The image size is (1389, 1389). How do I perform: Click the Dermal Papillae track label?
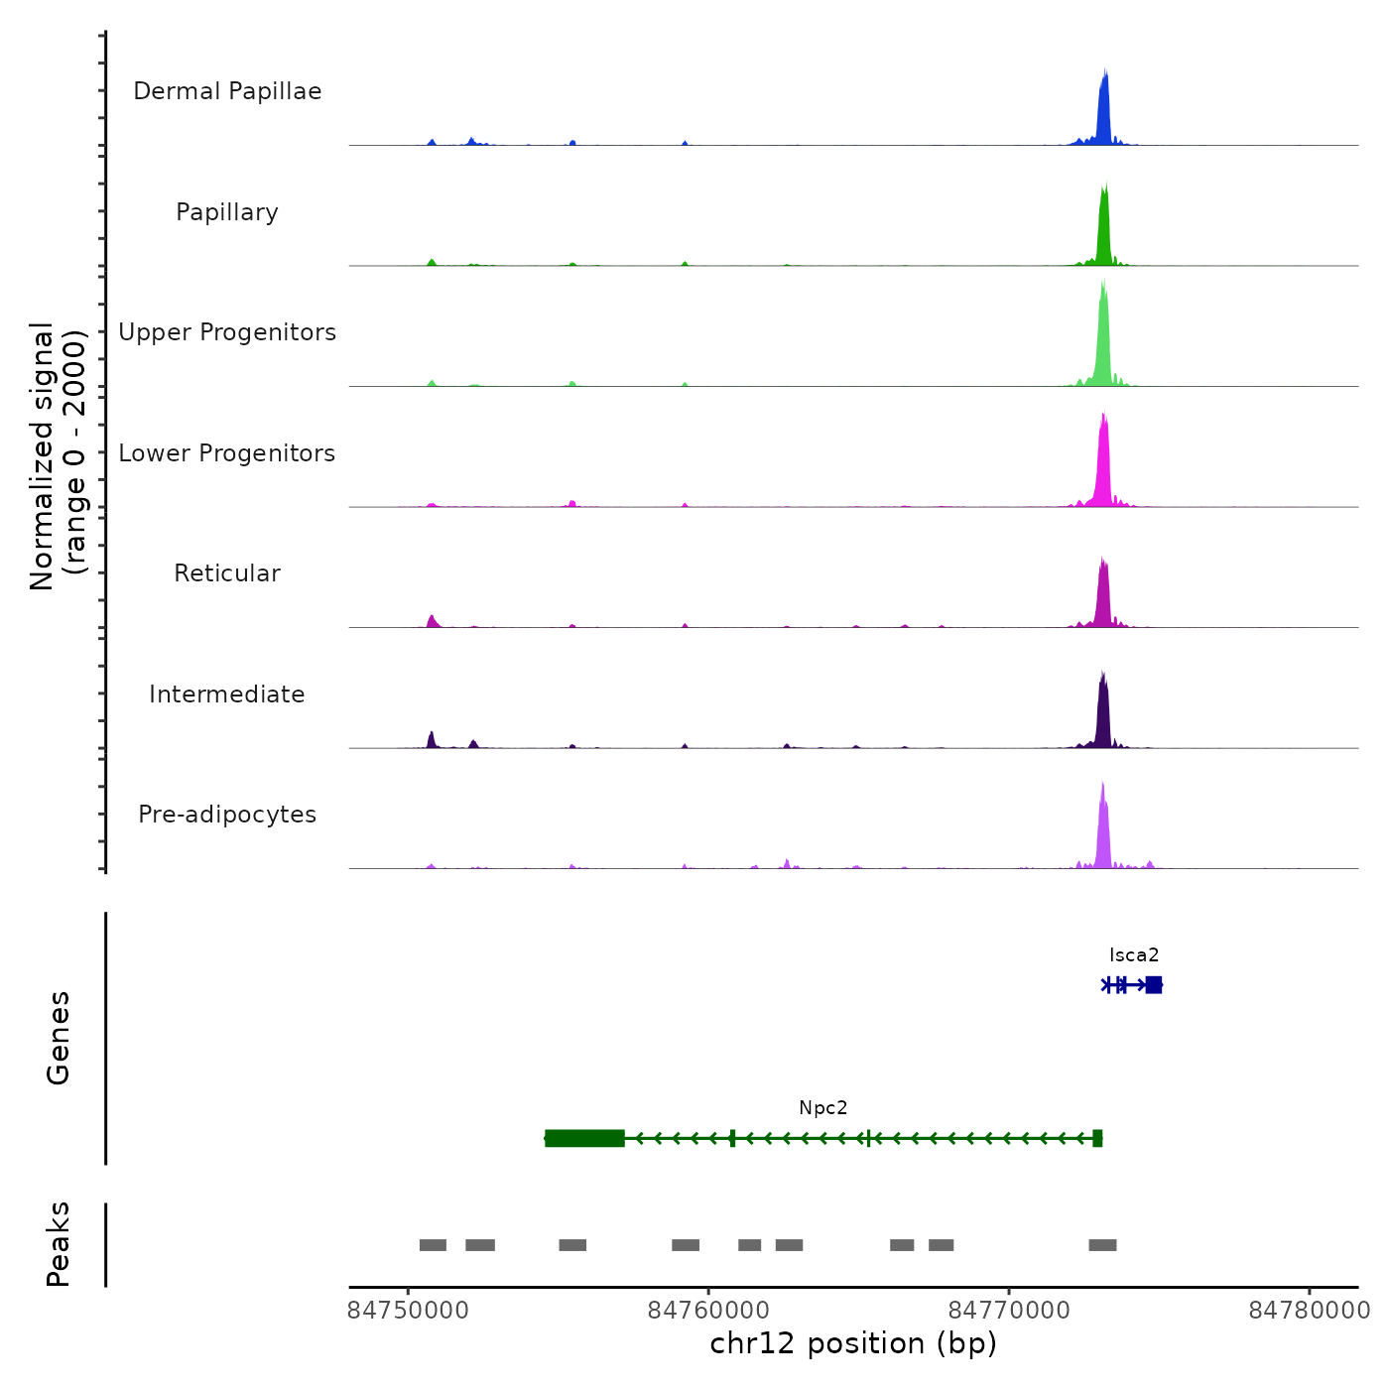click(x=227, y=91)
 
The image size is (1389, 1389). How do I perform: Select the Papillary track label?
click(x=227, y=212)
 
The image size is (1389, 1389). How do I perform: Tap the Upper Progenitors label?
click(x=227, y=332)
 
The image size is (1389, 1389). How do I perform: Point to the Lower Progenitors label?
click(x=227, y=453)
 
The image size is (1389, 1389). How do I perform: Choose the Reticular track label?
click(x=227, y=573)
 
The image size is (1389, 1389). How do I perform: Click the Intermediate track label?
click(x=227, y=694)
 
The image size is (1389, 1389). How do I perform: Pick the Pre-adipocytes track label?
click(x=227, y=815)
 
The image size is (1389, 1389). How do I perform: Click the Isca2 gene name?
click(x=1134, y=955)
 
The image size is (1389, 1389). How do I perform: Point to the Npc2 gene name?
click(x=823, y=1108)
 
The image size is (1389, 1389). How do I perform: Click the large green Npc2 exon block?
click(x=585, y=1138)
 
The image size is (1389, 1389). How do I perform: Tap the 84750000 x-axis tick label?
click(x=408, y=1311)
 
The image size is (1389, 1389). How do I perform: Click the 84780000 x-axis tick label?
click(x=1309, y=1311)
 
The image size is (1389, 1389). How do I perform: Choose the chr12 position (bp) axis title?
click(x=853, y=1343)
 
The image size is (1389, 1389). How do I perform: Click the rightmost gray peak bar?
click(x=1102, y=1245)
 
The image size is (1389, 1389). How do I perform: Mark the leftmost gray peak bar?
click(x=433, y=1245)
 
